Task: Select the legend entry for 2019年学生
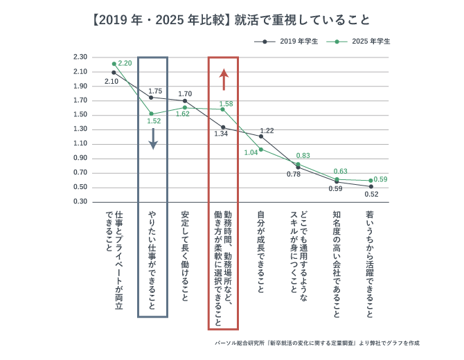[x=288, y=42]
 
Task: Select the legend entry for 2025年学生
[x=361, y=42]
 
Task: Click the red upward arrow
[x=223, y=80]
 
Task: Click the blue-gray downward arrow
[x=153, y=138]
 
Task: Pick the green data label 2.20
[x=125, y=64]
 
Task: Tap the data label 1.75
[x=155, y=91]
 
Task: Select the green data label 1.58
[x=226, y=104]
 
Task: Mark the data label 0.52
[x=373, y=194]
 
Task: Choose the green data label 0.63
[x=340, y=171]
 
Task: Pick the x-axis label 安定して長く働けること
[x=185, y=253]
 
